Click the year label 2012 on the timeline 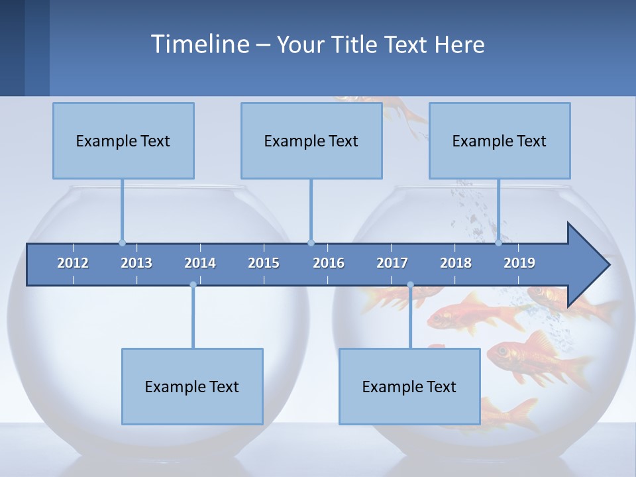click(73, 263)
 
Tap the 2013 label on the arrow click(136, 263)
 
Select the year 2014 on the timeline click(200, 263)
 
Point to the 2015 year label click(264, 263)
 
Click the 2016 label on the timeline click(329, 263)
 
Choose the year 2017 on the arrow click(392, 263)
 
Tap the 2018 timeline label click(456, 263)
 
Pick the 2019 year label click(519, 263)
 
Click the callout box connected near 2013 click(123, 140)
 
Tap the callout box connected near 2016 click(311, 140)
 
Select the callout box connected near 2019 click(500, 140)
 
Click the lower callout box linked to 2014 click(192, 386)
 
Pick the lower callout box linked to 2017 click(409, 386)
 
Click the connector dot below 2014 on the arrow click(193, 285)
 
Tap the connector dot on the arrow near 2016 click(311, 242)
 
